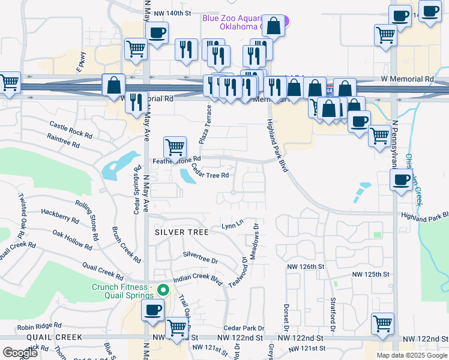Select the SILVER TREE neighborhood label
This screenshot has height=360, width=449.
182,232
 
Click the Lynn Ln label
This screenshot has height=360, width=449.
232,226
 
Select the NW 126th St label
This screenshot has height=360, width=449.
306,266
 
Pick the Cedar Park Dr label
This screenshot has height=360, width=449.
244,328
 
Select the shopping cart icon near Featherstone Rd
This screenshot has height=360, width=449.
175,146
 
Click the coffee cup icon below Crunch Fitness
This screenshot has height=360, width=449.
152,310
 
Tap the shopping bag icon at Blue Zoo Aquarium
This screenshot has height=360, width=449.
274,26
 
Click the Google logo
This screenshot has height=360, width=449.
20,353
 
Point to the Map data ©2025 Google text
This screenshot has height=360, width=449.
411,355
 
